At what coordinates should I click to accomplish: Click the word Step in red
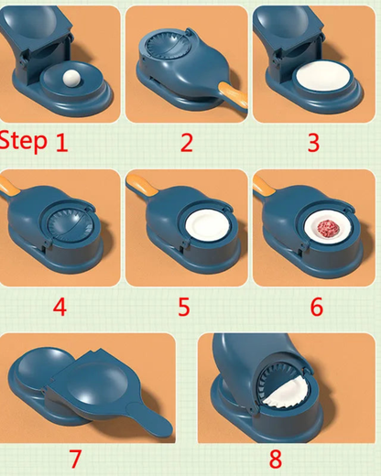23,140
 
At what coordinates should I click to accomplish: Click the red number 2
187,142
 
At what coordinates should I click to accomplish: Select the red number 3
313,142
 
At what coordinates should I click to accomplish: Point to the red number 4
60,306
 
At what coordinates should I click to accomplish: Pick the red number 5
187,306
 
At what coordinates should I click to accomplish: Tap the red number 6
316,306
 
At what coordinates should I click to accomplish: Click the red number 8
275,457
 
